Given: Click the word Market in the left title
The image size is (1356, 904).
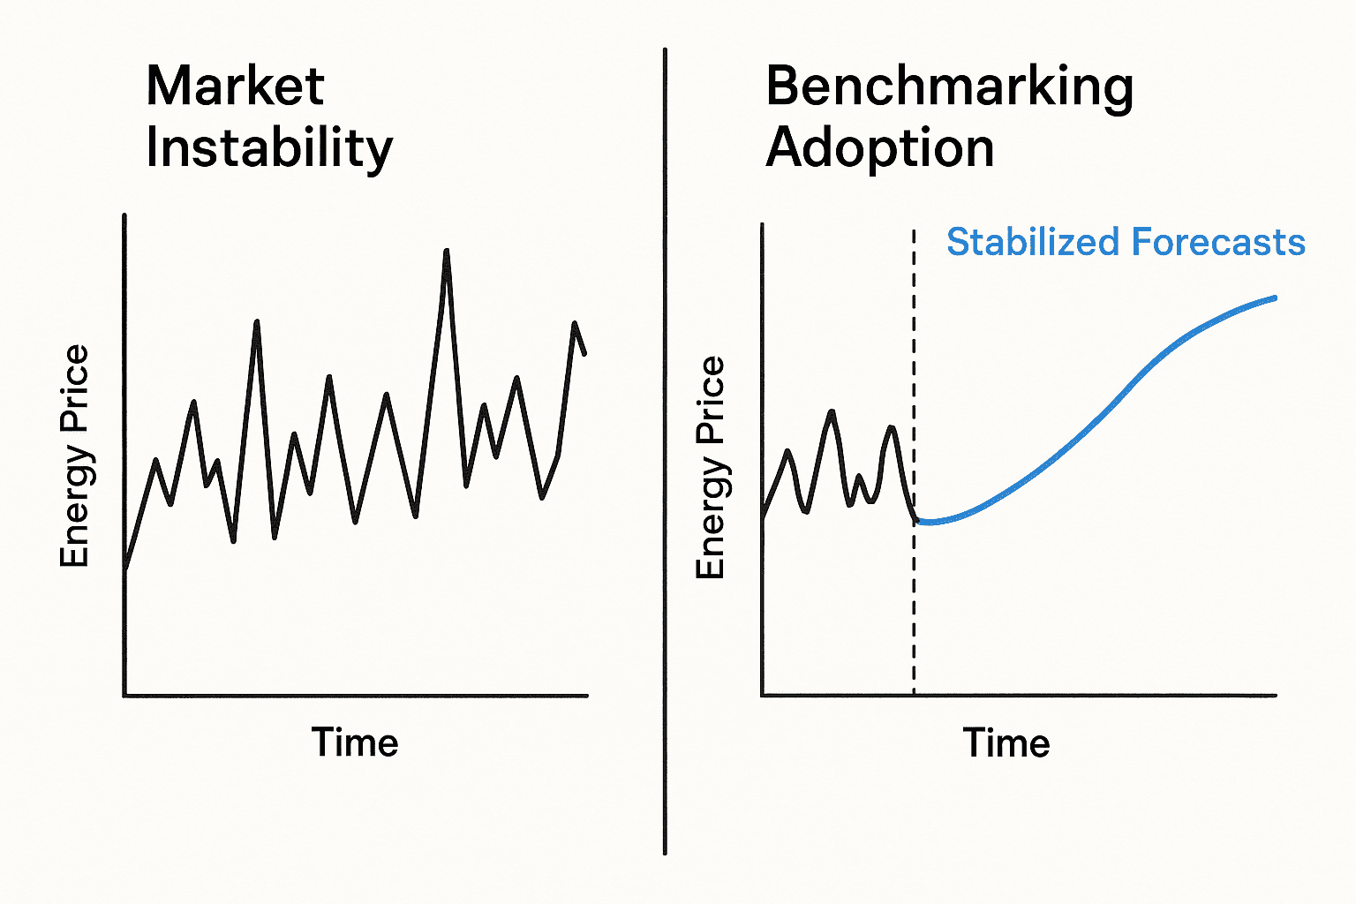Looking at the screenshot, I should [x=235, y=87].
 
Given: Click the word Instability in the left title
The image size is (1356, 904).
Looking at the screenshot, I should [x=268, y=147].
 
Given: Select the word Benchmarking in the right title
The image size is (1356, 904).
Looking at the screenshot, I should [x=949, y=88].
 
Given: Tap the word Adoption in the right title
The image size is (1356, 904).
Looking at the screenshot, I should [x=879, y=147].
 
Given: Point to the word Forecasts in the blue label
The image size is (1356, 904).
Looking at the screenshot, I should [x=1217, y=242].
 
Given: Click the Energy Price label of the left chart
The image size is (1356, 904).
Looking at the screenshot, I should [x=75, y=456].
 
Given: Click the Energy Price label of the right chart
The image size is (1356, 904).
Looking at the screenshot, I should [x=711, y=467].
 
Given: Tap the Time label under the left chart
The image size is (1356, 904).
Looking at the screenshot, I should [x=355, y=742].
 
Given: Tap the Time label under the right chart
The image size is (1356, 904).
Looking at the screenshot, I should [x=1006, y=743].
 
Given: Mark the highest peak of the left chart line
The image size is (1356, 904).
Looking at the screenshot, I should [x=447, y=251].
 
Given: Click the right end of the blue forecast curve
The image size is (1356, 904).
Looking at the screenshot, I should [x=1276, y=298].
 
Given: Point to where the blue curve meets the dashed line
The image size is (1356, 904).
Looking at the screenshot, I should [x=915, y=521].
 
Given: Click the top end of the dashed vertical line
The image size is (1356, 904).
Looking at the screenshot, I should [x=914, y=231].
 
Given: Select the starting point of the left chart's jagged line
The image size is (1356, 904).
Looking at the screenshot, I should [x=125, y=569].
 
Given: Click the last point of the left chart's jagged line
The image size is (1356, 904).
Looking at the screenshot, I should [x=585, y=354].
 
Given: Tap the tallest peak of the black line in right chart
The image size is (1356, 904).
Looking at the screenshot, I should [x=831, y=411].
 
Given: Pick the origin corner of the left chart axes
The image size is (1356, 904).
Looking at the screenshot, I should [x=124, y=696].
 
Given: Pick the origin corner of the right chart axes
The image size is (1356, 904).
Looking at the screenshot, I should [x=762, y=695].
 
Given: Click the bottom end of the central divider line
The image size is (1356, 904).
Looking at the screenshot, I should [x=665, y=853].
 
